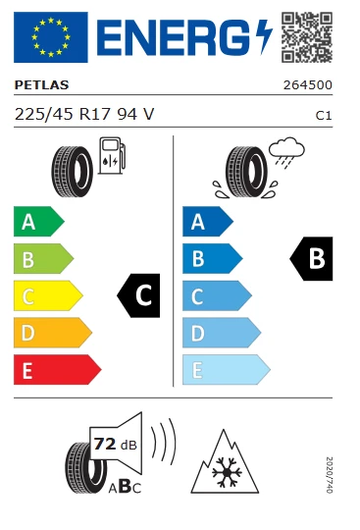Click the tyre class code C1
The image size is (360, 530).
click(x=322, y=115)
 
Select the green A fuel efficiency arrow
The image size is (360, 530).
click(x=37, y=222)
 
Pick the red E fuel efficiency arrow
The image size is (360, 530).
click(x=57, y=370)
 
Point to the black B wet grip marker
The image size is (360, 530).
click(x=313, y=259)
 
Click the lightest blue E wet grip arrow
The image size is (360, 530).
click(x=225, y=370)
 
